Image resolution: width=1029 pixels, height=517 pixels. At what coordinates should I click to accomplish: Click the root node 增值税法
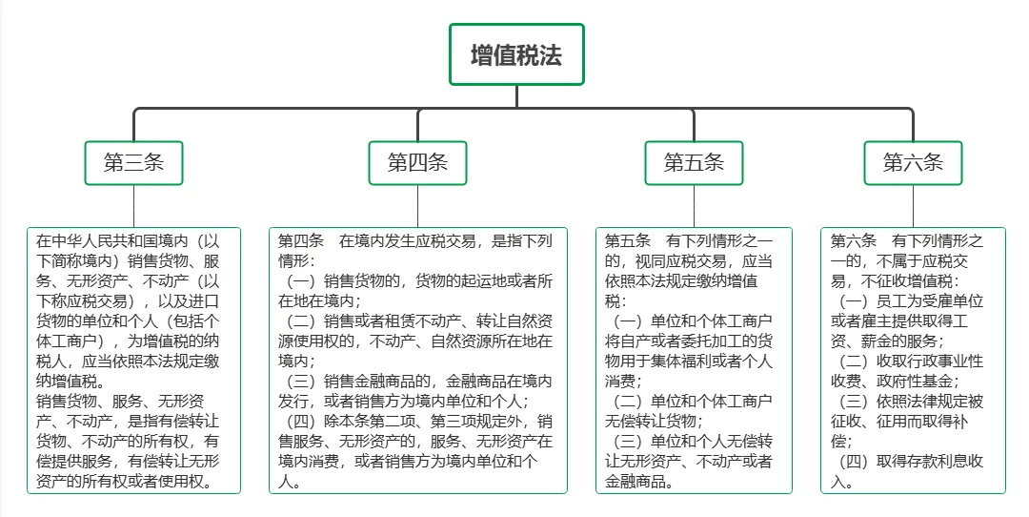(516, 54)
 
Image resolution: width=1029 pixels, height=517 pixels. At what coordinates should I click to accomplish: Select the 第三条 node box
(133, 162)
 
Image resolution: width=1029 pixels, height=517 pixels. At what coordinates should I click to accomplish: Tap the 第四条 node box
(417, 162)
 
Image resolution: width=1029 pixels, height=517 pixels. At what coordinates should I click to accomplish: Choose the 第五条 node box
(694, 162)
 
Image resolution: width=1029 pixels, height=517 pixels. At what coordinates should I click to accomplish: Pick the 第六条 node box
(913, 162)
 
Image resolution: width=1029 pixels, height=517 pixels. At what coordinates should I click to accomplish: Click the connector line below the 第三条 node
(133, 205)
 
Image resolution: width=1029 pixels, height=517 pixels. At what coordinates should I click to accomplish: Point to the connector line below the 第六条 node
(913, 205)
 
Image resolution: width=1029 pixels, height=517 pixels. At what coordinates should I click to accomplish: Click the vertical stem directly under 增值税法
(516, 96)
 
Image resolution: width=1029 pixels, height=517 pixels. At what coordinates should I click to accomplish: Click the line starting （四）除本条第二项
(419, 422)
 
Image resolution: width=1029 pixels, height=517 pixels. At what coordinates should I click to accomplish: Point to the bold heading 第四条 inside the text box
(301, 240)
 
